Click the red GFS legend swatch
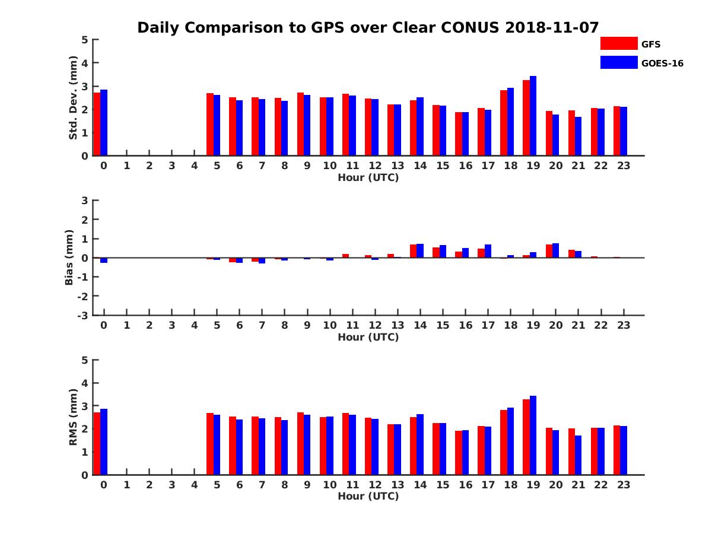tap(618, 43)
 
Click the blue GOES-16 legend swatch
tap(618, 62)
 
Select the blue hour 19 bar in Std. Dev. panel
tap(533, 116)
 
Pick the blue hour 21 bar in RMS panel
tap(578, 455)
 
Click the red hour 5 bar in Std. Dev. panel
tap(210, 124)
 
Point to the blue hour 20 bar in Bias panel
tap(555, 250)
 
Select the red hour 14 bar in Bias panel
tap(413, 251)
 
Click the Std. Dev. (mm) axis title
tap(74, 97)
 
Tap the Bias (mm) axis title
tap(69, 258)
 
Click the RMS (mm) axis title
tap(74, 417)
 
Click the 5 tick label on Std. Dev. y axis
tap(85, 40)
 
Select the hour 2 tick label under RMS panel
tap(149, 485)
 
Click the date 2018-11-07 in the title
tap(552, 27)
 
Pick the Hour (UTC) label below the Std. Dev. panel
tap(368, 177)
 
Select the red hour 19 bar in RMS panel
tap(526, 437)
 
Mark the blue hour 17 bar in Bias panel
tap(488, 251)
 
